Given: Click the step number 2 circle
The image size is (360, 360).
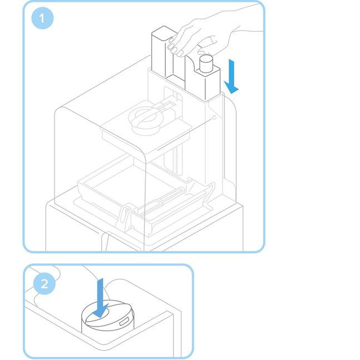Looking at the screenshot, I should [45, 284].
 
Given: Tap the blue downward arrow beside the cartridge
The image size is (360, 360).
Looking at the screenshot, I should [232, 77].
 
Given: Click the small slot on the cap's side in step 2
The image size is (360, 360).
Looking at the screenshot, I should [124, 321].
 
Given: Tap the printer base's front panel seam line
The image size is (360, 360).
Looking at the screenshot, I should [103, 242].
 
